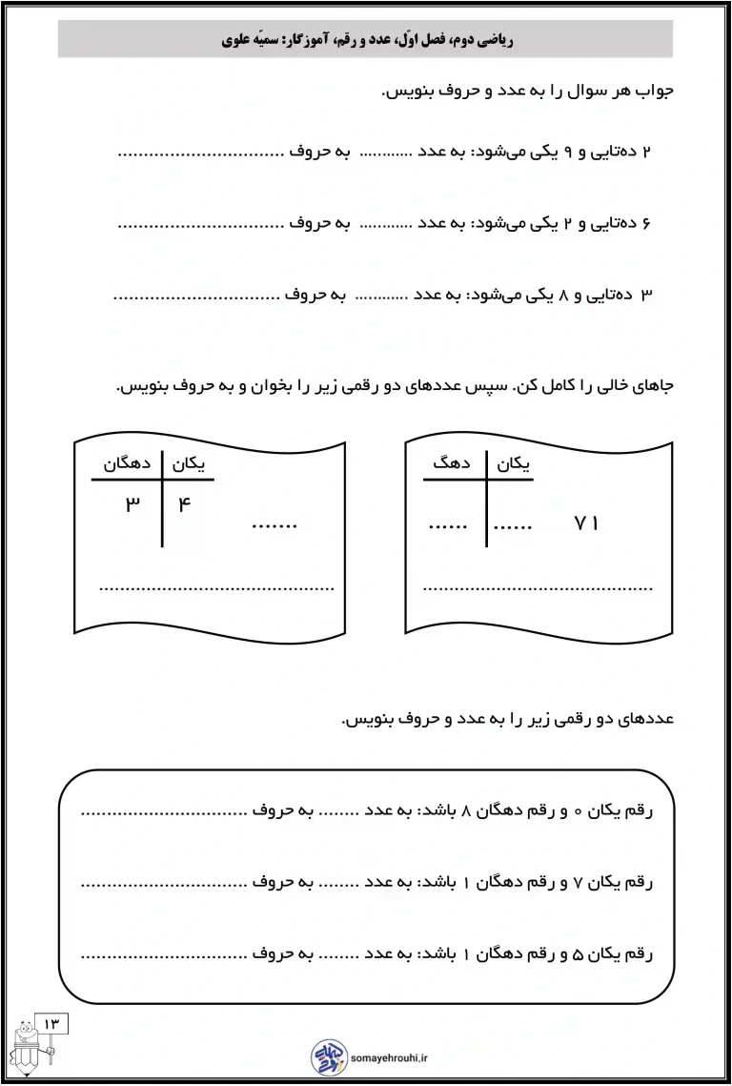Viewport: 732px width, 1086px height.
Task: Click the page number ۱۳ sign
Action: click(x=51, y=1023)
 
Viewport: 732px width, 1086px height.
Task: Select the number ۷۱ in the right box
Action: click(x=586, y=523)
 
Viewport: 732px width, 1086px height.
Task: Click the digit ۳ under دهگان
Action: click(x=132, y=503)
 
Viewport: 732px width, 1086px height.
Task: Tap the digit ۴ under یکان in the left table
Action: click(x=185, y=503)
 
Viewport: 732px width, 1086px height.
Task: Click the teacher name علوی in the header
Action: click(x=237, y=41)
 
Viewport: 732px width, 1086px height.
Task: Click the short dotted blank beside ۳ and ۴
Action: click(x=275, y=524)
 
